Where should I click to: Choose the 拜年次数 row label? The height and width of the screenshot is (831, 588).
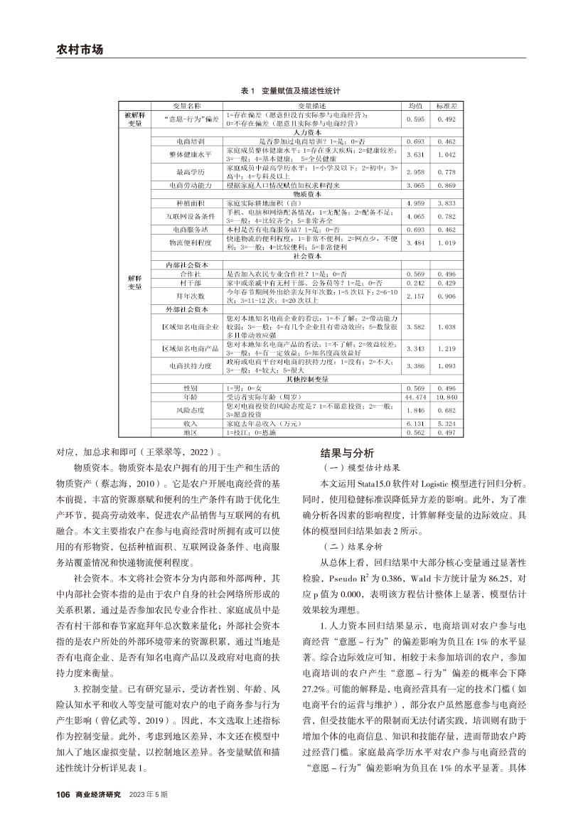coord(187,294)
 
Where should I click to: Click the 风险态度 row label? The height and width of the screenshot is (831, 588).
coord(187,410)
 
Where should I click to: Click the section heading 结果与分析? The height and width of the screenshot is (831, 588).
coord(345,453)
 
